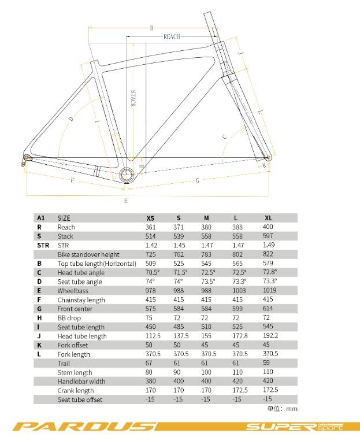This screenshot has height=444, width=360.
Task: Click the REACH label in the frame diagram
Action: (x=172, y=36)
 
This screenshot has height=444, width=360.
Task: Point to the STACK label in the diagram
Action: (x=132, y=98)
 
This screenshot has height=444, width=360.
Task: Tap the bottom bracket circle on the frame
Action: (x=127, y=175)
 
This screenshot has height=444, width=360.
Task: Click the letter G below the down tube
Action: (x=197, y=181)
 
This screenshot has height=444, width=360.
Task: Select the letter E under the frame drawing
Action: (x=125, y=201)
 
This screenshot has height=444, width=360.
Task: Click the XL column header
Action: (x=268, y=218)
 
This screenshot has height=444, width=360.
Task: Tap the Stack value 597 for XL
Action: (x=268, y=236)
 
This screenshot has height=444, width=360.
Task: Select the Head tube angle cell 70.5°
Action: (x=153, y=272)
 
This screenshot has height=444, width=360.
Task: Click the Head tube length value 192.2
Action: (x=270, y=336)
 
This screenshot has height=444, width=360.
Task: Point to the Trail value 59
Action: (x=266, y=363)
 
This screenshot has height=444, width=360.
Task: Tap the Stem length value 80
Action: (x=149, y=372)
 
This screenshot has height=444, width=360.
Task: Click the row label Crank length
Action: (x=76, y=390)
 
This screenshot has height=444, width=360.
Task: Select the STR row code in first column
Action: (x=43, y=245)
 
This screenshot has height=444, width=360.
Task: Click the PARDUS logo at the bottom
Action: (x=83, y=427)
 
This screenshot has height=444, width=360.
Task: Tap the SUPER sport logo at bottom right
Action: (x=295, y=427)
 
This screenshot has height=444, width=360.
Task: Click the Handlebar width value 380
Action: (x=150, y=381)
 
